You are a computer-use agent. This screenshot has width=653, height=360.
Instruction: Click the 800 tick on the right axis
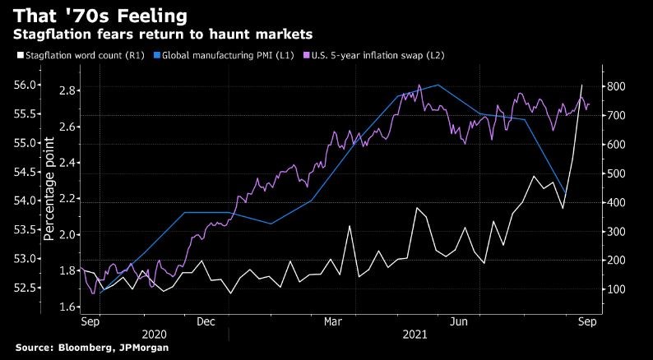point(617,86)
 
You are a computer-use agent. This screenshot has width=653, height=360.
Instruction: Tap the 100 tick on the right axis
point(617,289)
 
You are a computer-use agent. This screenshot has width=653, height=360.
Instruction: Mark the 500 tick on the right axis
point(617,173)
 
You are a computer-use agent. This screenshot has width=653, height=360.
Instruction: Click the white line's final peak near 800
point(582,85)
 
